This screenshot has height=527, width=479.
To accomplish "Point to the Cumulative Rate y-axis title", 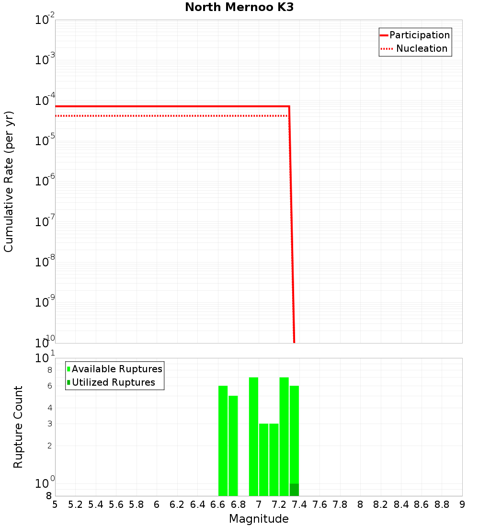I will point(9,181).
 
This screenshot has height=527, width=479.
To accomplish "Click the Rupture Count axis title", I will point(18,427).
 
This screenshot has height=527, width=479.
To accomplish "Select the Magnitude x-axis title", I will point(259,519).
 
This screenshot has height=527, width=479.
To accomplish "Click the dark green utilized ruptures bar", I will point(294,490).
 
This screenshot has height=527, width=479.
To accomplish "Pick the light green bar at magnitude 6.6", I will point(223,441).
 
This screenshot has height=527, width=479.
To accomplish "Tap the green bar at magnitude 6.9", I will point(253,436).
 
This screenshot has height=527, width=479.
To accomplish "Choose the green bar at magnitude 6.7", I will point(233,446).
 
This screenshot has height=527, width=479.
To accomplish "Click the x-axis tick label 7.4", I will point(299,504).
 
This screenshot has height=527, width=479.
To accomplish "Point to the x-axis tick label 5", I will point(55,504).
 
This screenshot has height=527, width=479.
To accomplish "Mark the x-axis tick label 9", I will point(462,504).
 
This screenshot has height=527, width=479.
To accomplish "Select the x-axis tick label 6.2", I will point(177,504).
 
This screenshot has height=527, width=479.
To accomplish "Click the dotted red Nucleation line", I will point(168,116).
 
